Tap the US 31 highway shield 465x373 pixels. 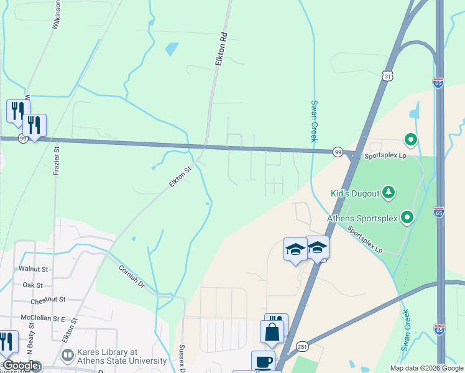point(387,76)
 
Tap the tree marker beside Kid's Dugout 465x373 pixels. point(388,192)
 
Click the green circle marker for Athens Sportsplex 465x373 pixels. point(407,217)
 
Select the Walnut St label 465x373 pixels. point(34,269)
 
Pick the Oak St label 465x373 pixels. point(32,285)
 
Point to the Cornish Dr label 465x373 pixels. point(132,277)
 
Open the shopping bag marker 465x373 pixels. point(272,331)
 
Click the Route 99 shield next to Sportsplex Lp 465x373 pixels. point(338,152)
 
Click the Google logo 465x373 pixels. point(21,366)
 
